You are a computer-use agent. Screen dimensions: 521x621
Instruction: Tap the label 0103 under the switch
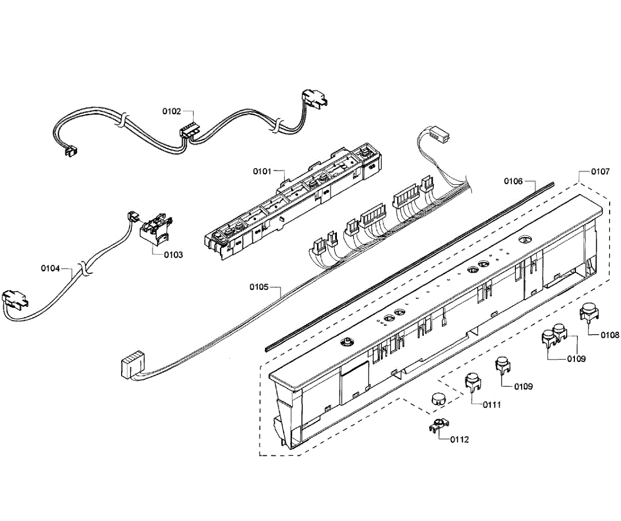point(173,255)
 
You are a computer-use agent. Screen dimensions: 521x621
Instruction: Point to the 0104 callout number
point(50,268)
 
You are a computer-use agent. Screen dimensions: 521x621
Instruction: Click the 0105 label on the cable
point(258,287)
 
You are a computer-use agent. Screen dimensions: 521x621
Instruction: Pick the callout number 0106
point(513,181)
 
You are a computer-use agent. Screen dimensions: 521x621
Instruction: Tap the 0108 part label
point(610,335)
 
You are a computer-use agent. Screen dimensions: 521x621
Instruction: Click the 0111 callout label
point(492,405)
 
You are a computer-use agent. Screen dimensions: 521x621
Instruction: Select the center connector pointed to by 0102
point(189,130)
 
